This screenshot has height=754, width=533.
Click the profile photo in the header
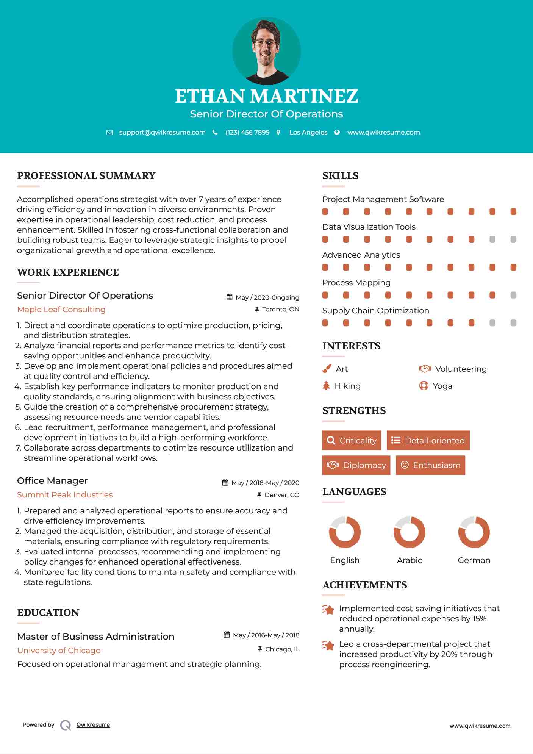click(266, 51)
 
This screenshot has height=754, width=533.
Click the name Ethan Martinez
click(266, 96)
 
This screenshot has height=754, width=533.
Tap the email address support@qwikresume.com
click(162, 132)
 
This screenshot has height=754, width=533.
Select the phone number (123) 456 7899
click(247, 132)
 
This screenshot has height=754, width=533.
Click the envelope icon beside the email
click(109, 133)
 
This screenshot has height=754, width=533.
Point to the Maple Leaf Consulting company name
click(61, 309)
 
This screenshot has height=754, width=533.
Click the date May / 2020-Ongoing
click(267, 297)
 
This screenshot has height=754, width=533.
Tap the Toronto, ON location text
click(280, 309)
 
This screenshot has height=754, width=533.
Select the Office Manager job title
click(52, 480)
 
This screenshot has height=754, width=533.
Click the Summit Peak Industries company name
click(65, 494)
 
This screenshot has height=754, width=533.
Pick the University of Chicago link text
click(59, 650)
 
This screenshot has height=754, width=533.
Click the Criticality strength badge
click(352, 440)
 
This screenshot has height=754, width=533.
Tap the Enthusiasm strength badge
click(430, 465)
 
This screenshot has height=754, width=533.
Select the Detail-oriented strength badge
click(428, 440)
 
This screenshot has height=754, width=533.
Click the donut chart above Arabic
click(409, 532)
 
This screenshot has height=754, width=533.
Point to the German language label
click(474, 560)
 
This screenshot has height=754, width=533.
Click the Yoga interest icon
click(424, 386)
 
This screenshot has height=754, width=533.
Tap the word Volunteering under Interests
click(461, 369)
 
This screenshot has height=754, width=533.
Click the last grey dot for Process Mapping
click(513, 295)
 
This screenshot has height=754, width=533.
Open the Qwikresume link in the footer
click(93, 724)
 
